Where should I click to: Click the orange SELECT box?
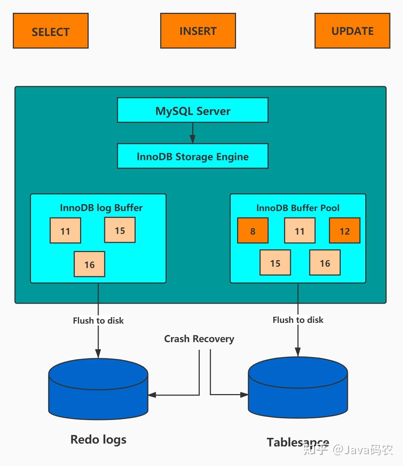51,31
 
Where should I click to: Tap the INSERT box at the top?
198,31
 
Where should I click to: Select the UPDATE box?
352,31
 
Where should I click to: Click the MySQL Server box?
193,110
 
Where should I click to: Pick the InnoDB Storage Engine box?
193,156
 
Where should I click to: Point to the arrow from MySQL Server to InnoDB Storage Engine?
193,134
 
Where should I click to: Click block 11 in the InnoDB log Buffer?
65,231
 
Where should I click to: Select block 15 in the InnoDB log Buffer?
120,230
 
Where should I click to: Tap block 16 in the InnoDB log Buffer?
89,264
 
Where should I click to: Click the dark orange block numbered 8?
253,231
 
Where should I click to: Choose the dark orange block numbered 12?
345,231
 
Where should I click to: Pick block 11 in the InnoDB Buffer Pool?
299,231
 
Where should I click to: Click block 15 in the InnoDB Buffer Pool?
275,263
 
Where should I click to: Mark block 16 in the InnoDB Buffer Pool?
325,263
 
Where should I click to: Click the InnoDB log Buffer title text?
101,208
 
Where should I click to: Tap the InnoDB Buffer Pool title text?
298,208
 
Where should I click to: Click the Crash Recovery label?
199,339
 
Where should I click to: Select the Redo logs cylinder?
98,390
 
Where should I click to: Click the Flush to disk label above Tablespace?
298,320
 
